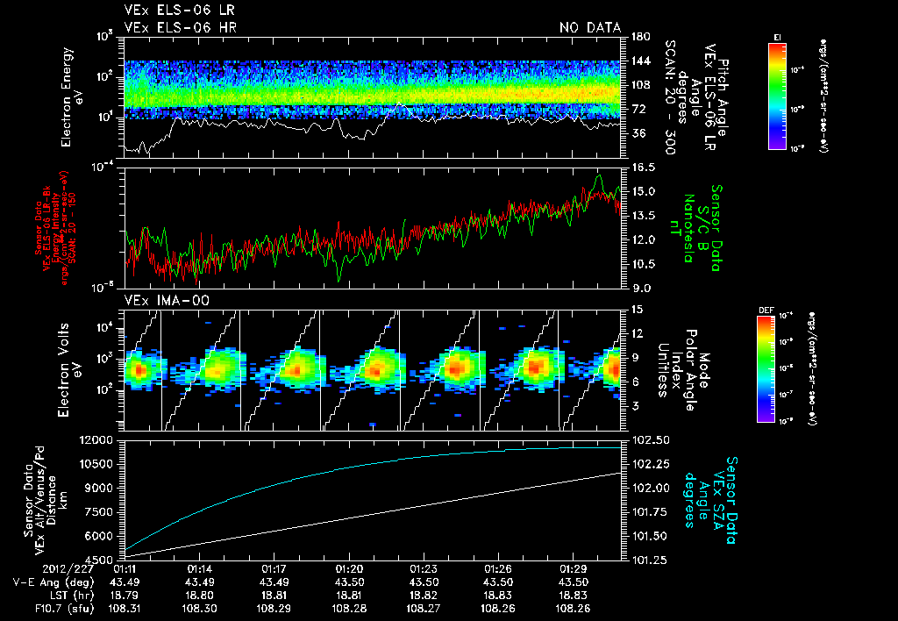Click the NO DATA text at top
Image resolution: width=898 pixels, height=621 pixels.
point(589,28)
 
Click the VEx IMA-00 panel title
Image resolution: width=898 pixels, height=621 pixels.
point(166,300)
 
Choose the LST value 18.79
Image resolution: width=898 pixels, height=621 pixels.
point(125,594)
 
